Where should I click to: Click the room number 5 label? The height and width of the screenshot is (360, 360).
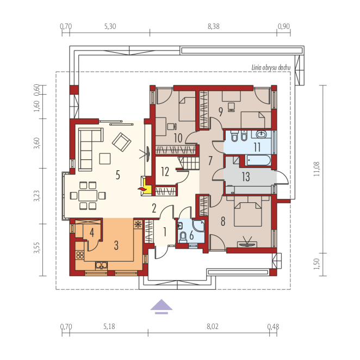pyautogui.click(x=118, y=175)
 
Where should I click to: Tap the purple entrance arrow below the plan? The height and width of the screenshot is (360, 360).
pyautogui.click(x=162, y=306)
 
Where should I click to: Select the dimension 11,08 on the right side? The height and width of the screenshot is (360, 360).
pyautogui.click(x=316, y=169)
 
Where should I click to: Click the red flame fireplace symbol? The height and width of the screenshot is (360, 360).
pyautogui.click(x=142, y=189)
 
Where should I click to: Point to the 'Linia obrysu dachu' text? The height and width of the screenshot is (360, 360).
pyautogui.click(x=271, y=67)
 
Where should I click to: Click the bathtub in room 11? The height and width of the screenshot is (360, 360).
pyautogui.click(x=258, y=160)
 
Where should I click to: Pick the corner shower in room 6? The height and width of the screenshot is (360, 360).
pyautogui.click(x=198, y=226)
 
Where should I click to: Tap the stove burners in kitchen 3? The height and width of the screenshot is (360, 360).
pyautogui.click(x=80, y=255)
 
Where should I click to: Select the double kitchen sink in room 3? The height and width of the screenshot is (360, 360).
pyautogui.click(x=101, y=265)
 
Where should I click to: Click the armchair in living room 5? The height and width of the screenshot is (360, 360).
pyautogui.click(x=121, y=142)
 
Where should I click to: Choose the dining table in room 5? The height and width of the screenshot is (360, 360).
pyautogui.click(x=88, y=196)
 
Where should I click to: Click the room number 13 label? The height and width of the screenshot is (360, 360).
pyautogui.click(x=246, y=177)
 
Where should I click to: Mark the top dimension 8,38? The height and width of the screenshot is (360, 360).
pyautogui.click(x=214, y=27)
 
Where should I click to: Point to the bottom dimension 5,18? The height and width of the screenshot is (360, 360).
pyautogui.click(x=109, y=326)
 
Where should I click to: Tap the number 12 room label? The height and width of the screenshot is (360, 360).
pyautogui.click(x=165, y=171)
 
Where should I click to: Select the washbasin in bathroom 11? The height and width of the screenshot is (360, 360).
pyautogui.click(x=261, y=134)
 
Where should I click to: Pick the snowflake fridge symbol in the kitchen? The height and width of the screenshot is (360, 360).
pyautogui.click(x=138, y=224)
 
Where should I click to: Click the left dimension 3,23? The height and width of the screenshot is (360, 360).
pyautogui.click(x=36, y=196)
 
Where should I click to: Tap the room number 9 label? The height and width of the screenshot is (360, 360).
pyautogui.click(x=221, y=112)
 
